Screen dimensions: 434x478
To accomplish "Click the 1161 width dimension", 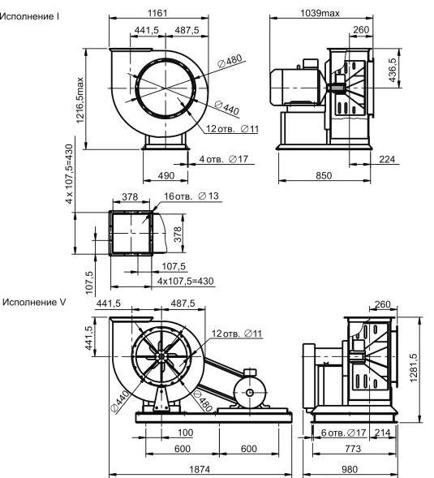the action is pyautogui.click(x=157, y=13).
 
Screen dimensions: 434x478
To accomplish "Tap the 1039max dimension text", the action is pyautogui.click(x=320, y=13).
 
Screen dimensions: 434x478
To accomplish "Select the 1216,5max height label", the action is pyautogui.click(x=79, y=101).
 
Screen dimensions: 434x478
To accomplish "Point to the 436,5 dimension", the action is pyautogui.click(x=393, y=70).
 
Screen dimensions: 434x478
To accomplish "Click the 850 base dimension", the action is pyautogui.click(x=324, y=175).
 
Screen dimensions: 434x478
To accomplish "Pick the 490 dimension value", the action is pyautogui.click(x=166, y=175).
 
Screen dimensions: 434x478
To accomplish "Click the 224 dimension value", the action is pyautogui.click(x=387, y=159).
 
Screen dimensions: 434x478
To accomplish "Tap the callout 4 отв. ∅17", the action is pyautogui.click(x=224, y=159).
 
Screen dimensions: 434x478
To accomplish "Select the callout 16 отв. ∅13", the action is pyautogui.click(x=191, y=196).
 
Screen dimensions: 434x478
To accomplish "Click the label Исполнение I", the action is pyautogui.click(x=29, y=16).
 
